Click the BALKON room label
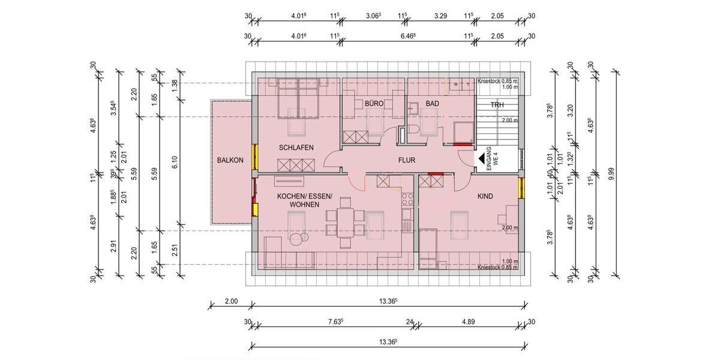pyautogui.click(x=230, y=160)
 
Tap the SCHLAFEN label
pyautogui.click(x=296, y=148)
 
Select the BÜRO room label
pyautogui.click(x=374, y=104)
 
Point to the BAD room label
pyautogui.click(x=432, y=104)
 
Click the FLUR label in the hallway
pyautogui.click(x=406, y=160)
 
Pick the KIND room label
pyautogui.click(x=485, y=196)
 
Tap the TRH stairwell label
pyautogui.click(x=497, y=105)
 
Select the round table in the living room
pyautogui.click(x=298, y=239)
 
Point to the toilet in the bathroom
pyautogui.click(x=413, y=109)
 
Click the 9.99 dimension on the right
pyautogui.click(x=611, y=175)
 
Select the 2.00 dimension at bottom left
pyautogui.click(x=231, y=301)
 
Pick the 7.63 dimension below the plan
pyautogui.click(x=334, y=322)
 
